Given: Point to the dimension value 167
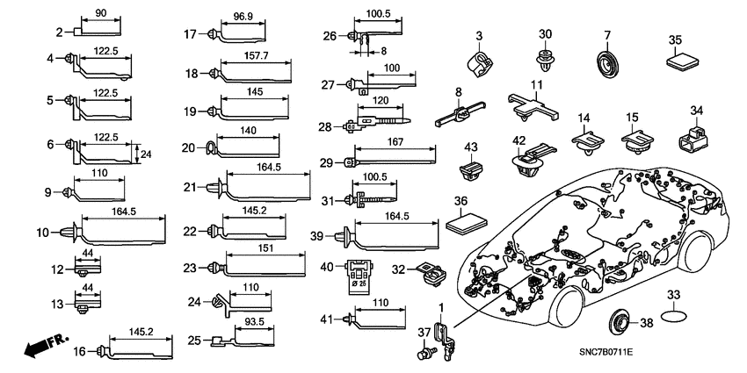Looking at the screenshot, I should [x=395, y=142].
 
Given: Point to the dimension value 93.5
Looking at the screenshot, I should [x=254, y=322].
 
